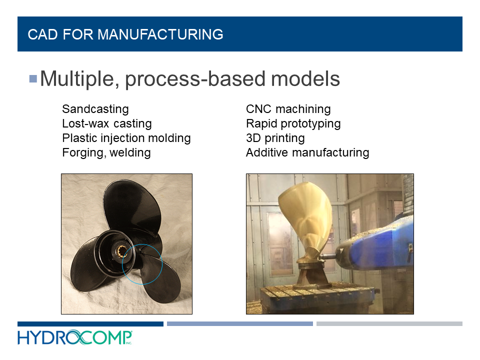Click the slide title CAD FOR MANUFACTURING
[125, 34]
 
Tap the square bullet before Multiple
[33, 78]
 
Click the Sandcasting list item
[95, 109]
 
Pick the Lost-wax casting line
[106, 123]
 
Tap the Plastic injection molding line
[126, 138]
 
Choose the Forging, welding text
[106, 152]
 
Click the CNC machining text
[288, 109]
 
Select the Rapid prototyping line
[293, 123]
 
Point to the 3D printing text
[275, 138]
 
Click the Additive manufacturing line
[307, 152]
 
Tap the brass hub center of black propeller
[122, 248]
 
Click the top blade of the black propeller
[137, 205]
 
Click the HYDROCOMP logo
[75, 338]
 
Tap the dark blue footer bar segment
[90, 324]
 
